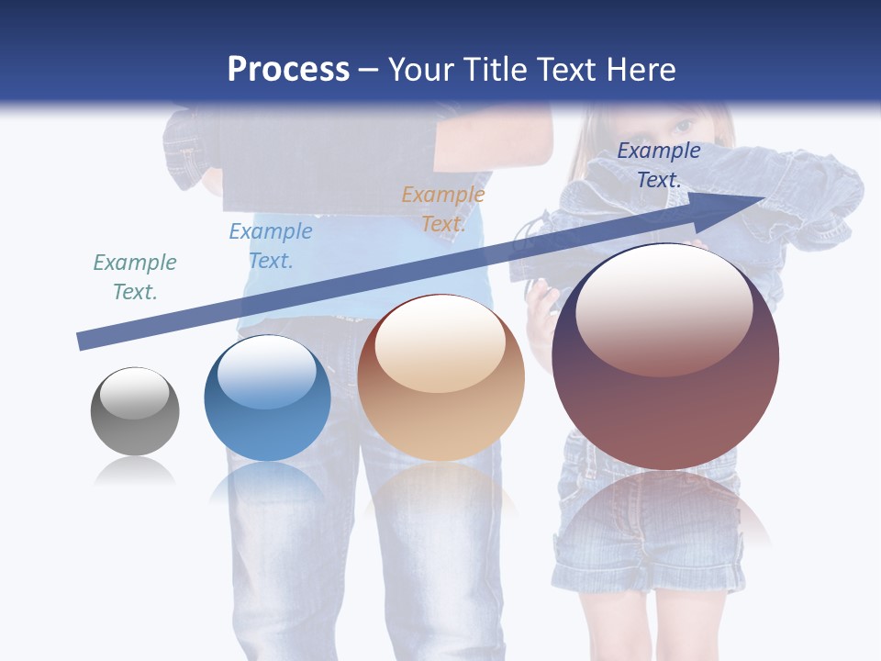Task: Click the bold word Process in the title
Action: pyautogui.click(x=288, y=69)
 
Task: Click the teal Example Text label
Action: pyautogui.click(x=135, y=277)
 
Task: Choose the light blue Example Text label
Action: pyautogui.click(x=271, y=246)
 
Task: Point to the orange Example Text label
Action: pyautogui.click(x=443, y=209)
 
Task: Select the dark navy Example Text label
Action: pyautogui.click(x=659, y=165)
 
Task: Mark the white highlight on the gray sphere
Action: pyautogui.click(x=134, y=393)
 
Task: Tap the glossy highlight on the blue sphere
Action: pyautogui.click(x=267, y=372)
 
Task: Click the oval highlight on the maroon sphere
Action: pyautogui.click(x=664, y=310)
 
